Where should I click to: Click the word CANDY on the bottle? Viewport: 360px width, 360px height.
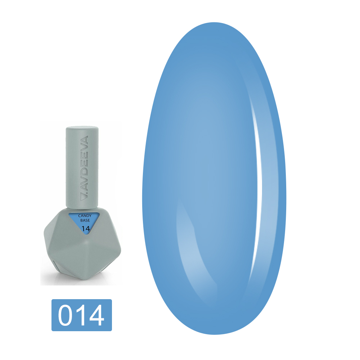[85, 216]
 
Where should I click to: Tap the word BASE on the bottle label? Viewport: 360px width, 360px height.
[85, 220]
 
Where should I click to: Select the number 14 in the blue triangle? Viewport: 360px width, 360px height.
[85, 229]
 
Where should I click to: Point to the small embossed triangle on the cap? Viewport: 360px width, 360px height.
[84, 198]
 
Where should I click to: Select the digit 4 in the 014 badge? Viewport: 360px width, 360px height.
[96, 315]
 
